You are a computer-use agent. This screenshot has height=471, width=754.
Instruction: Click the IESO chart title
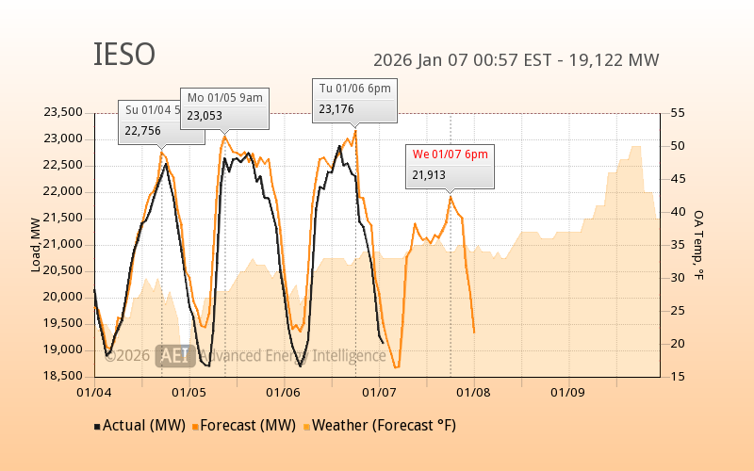point(123,55)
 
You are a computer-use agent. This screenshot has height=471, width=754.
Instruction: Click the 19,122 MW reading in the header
point(617,60)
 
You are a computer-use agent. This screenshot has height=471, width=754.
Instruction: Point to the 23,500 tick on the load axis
point(64,112)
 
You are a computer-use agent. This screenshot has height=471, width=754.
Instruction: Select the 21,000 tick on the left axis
point(64,244)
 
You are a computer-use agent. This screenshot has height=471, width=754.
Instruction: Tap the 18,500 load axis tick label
point(64,376)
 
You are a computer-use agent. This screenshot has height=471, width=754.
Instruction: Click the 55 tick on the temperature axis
point(678,112)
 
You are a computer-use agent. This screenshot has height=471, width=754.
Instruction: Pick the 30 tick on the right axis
point(678,277)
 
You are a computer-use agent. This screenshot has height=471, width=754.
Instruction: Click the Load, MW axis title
point(36,244)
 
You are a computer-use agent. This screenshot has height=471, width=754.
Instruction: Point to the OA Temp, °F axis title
point(698,244)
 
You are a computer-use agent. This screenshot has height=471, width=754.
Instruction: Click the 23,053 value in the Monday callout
point(205,116)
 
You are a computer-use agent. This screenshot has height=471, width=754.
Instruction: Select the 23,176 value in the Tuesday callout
point(336,109)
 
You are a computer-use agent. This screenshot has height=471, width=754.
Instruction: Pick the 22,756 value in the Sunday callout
point(142,131)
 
